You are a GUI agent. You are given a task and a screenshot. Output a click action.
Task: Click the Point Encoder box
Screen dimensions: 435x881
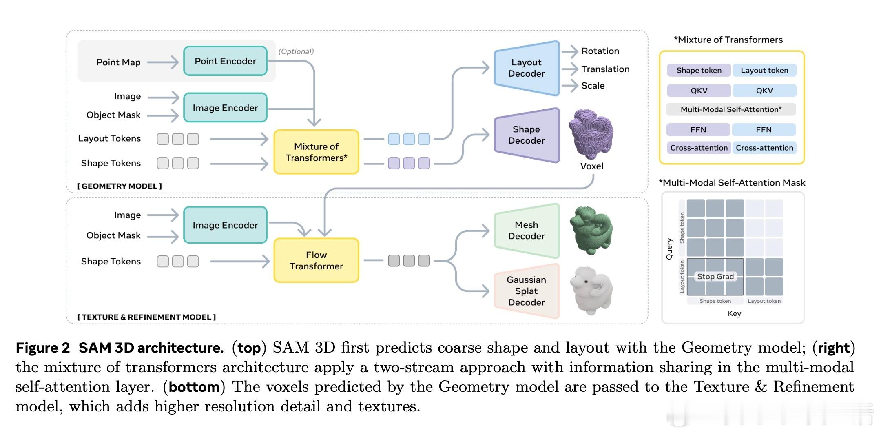pos(225,61)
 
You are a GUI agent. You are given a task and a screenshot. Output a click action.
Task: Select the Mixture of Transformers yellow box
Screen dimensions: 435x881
pos(316,152)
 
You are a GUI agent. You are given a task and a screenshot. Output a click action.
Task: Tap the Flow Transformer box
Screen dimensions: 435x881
pos(316,260)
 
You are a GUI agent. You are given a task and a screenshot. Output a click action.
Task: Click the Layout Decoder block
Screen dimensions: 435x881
pos(526,68)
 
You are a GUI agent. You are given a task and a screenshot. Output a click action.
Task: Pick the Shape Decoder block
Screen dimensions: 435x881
pos(526,135)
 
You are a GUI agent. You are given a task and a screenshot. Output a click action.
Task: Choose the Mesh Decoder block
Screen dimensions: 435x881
pos(526,231)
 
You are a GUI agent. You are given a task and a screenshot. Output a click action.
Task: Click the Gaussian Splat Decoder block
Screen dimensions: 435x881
pos(526,291)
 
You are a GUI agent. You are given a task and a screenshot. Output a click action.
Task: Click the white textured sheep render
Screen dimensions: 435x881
pos(591,290)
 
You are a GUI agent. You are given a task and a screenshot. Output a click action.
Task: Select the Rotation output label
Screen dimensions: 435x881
pos(600,51)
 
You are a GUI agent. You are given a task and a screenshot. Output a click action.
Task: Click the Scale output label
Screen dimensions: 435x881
pos(593,86)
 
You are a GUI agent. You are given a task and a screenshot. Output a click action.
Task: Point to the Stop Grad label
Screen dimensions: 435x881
pos(715,277)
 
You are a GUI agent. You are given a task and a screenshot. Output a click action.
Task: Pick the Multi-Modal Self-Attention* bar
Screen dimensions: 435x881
pos(731,109)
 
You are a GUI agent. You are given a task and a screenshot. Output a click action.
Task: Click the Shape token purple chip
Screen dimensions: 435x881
pos(699,70)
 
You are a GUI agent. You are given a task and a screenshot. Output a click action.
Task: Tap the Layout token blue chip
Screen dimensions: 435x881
pos(764,70)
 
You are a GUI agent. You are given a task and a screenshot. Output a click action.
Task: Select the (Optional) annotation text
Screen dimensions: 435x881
pos(296,51)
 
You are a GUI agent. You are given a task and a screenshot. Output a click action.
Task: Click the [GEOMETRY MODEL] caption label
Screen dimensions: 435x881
pos(120,186)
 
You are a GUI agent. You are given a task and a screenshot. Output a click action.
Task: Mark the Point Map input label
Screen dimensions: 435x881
pos(118,62)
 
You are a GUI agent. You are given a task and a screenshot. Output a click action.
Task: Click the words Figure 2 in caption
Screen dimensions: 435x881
pos(43,348)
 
